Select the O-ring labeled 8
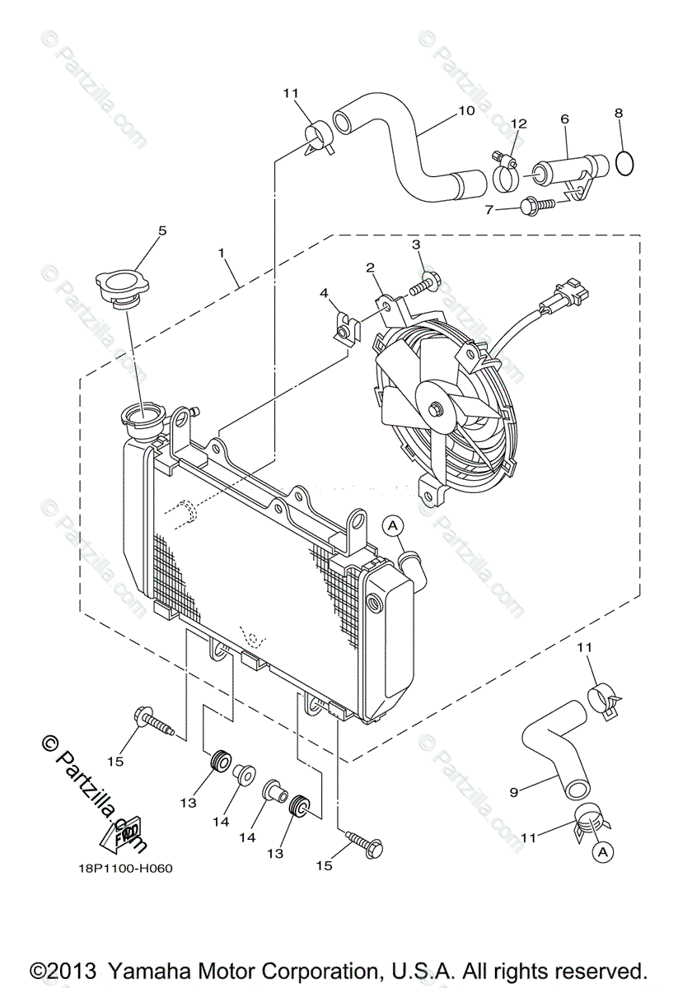tap(624, 162)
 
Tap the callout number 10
tap(466, 110)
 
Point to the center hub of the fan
tap(434, 408)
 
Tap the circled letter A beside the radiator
tap(393, 524)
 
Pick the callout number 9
tap(514, 792)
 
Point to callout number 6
tap(564, 119)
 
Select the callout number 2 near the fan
tap(371, 267)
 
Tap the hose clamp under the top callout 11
tap(316, 137)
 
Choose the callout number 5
tap(162, 231)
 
